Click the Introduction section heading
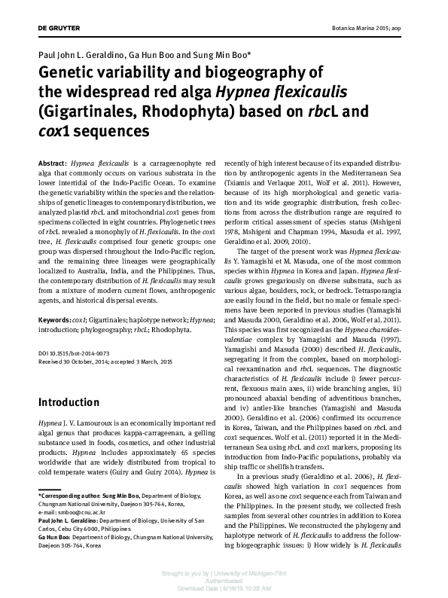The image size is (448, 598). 69,402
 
